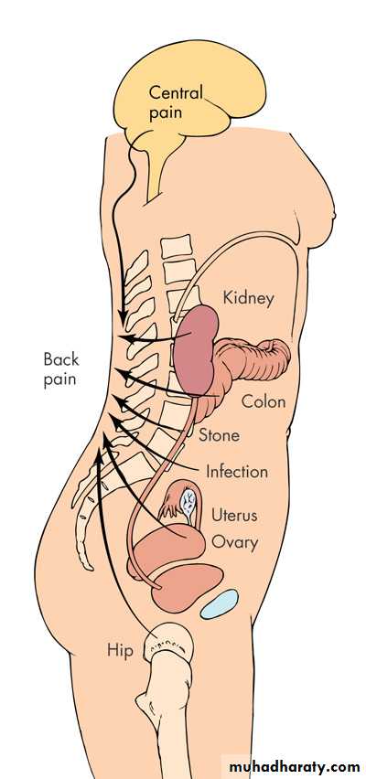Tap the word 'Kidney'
pos(248,298)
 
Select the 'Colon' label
pos(264,400)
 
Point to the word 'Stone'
pos(219,435)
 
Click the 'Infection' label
pos(237,471)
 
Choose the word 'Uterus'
pos(234,514)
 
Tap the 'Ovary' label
pos(235,542)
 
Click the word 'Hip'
pos(120,650)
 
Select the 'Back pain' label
pos(60,368)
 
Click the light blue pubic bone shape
pos(219,604)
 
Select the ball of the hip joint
pos(167,643)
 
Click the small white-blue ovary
pos(188,502)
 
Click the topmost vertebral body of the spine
pos(177,247)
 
